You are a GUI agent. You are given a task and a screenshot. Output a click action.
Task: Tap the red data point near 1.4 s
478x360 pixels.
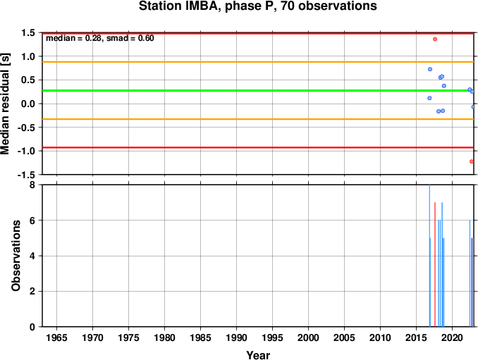coord(435,39)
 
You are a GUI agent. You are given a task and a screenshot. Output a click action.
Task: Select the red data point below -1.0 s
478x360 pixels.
coord(472,161)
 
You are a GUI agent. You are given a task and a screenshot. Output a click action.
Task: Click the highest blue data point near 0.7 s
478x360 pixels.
coord(430,69)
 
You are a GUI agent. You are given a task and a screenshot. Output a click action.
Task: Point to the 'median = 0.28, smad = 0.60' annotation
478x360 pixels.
coord(100,38)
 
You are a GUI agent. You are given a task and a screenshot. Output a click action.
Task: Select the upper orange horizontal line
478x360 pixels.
coord(258,62)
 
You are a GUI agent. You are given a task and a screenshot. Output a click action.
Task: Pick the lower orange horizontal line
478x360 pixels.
coord(258,119)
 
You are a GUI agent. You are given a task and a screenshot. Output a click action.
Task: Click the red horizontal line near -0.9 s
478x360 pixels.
coord(258,148)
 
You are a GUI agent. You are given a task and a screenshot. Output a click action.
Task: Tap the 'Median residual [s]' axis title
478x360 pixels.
coord(6,104)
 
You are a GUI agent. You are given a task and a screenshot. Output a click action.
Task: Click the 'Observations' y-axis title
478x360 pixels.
coord(16,256)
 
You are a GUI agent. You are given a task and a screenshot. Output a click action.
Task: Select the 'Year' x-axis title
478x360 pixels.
coord(258,355)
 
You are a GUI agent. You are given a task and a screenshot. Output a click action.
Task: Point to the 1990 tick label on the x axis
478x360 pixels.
coord(237,337)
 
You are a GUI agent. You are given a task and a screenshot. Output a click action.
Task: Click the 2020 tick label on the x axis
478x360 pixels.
coord(453,337)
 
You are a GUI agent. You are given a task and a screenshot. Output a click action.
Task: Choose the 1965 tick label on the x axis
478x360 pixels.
coord(56,337)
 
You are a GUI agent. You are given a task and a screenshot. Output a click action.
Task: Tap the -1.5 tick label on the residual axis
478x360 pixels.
coord(26,175)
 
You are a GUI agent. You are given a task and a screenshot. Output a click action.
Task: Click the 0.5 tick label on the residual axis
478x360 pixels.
coord(28,80)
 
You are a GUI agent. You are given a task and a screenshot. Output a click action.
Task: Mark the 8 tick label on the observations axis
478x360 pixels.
coord(32,185)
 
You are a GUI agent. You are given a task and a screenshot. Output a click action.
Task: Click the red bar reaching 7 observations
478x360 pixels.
coord(435,264)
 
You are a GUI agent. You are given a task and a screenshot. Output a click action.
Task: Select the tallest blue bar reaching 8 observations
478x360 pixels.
coord(429,256)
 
